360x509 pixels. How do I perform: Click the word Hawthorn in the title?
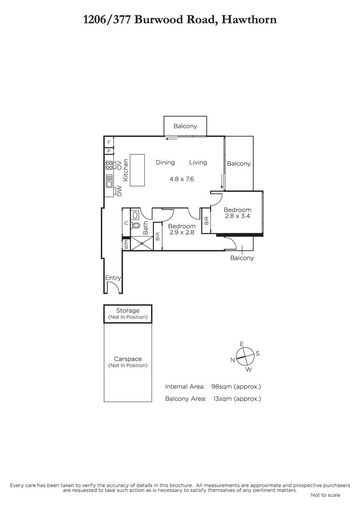point(249,20)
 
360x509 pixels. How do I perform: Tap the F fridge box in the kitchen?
point(109,142)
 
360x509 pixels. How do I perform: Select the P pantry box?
point(109,151)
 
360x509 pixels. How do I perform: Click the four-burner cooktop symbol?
point(110,165)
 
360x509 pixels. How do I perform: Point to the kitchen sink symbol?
point(110,181)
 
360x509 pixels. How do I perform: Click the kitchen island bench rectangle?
point(137,170)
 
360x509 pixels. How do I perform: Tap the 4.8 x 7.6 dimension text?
point(181,179)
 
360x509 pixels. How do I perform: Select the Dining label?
point(165,162)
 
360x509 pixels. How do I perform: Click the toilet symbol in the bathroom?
point(135,225)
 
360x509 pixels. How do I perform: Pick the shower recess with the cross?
point(142,243)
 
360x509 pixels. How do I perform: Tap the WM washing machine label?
point(127,245)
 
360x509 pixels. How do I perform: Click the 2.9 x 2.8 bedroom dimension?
point(182,232)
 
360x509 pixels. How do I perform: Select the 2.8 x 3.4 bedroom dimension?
point(237,216)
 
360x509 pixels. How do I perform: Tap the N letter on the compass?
point(233,360)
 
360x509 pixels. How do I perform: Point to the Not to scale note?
point(325,495)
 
